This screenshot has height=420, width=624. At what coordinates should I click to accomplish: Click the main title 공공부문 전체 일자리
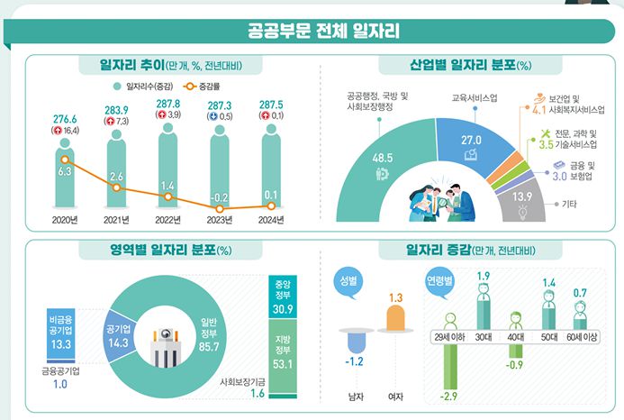point(312,32)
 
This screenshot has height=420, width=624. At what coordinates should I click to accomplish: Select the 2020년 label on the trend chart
point(67,220)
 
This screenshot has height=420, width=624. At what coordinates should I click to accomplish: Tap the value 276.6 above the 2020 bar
point(66,118)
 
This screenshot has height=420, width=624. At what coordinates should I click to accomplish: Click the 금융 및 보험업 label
point(582,171)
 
